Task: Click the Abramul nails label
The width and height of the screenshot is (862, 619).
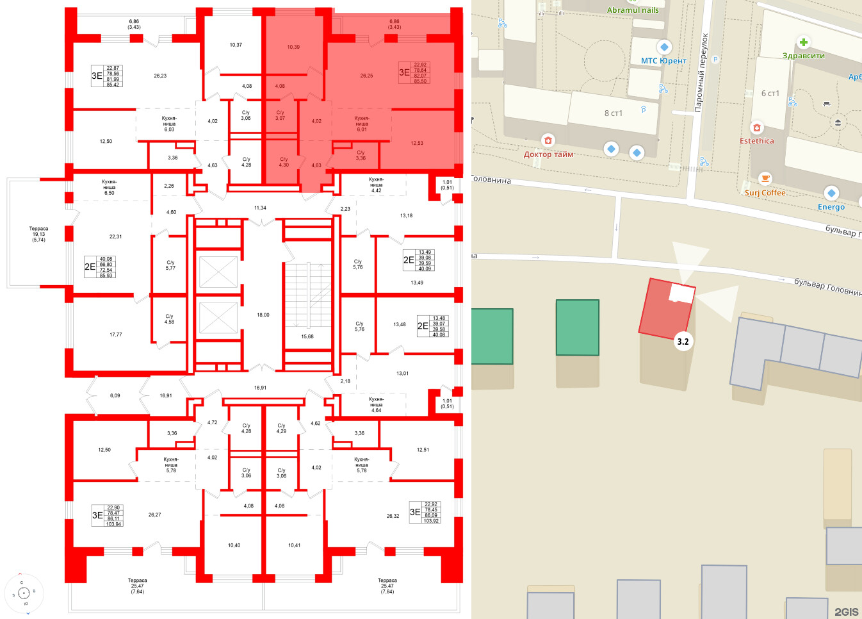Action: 633,10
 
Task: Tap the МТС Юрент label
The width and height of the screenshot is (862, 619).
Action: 663,61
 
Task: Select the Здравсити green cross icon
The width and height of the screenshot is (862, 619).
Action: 803,43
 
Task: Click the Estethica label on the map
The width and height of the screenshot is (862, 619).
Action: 756,141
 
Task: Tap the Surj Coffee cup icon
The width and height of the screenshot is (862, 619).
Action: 765,179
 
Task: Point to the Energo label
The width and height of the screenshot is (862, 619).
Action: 831,207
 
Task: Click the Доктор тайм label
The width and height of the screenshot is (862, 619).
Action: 548,154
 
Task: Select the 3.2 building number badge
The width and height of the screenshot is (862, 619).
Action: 683,342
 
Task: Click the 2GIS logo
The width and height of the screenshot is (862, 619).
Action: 845,611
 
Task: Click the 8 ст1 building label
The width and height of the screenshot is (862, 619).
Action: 613,113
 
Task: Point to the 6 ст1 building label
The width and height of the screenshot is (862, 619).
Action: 770,94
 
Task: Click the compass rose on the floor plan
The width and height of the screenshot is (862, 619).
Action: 24,593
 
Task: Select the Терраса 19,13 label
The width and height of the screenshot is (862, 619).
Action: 38,234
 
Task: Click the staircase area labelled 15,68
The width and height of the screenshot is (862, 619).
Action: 307,336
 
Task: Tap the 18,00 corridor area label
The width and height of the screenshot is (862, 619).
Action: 263,315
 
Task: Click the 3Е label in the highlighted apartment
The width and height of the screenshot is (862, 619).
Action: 404,72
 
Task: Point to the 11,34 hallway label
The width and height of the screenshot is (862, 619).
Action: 260,208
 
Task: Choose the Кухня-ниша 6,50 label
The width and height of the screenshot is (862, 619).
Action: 110,187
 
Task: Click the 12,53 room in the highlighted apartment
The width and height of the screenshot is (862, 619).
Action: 417,143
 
